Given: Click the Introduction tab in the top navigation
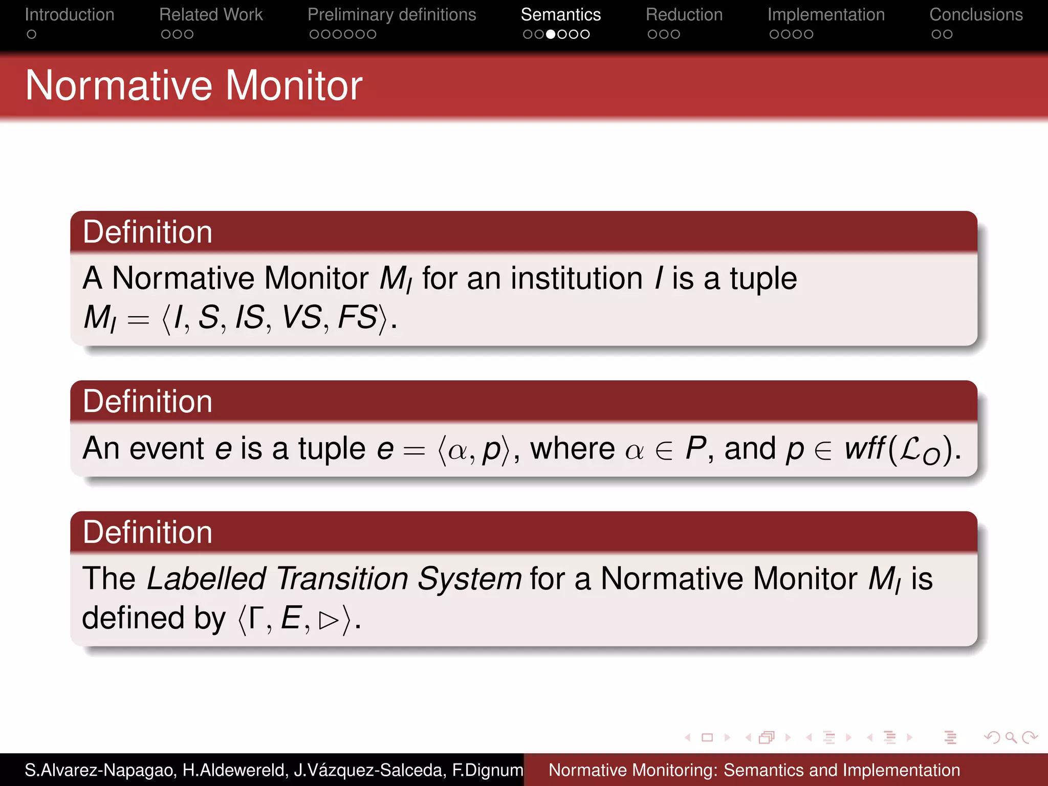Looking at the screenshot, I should (x=70, y=15).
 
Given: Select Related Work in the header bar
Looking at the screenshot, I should (x=211, y=15).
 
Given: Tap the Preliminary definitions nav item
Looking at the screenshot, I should (x=391, y=15).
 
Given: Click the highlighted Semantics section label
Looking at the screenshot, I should (x=560, y=15).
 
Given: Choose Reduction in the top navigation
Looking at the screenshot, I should (x=684, y=15).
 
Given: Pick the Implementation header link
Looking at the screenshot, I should (x=825, y=15).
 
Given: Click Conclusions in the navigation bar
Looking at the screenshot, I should (x=976, y=15).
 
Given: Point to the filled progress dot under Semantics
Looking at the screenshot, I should (x=551, y=34).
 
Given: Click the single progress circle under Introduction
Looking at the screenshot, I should (x=32, y=34).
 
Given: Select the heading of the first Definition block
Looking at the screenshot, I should (x=147, y=232).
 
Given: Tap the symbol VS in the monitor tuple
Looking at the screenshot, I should (x=301, y=317).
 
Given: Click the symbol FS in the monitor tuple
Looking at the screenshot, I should (x=357, y=317).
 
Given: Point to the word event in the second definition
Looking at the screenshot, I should (x=167, y=449).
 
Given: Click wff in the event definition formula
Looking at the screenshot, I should (x=864, y=449).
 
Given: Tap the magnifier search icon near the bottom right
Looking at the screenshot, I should (x=1011, y=737).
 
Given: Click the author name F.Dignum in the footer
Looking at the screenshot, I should (x=487, y=770).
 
